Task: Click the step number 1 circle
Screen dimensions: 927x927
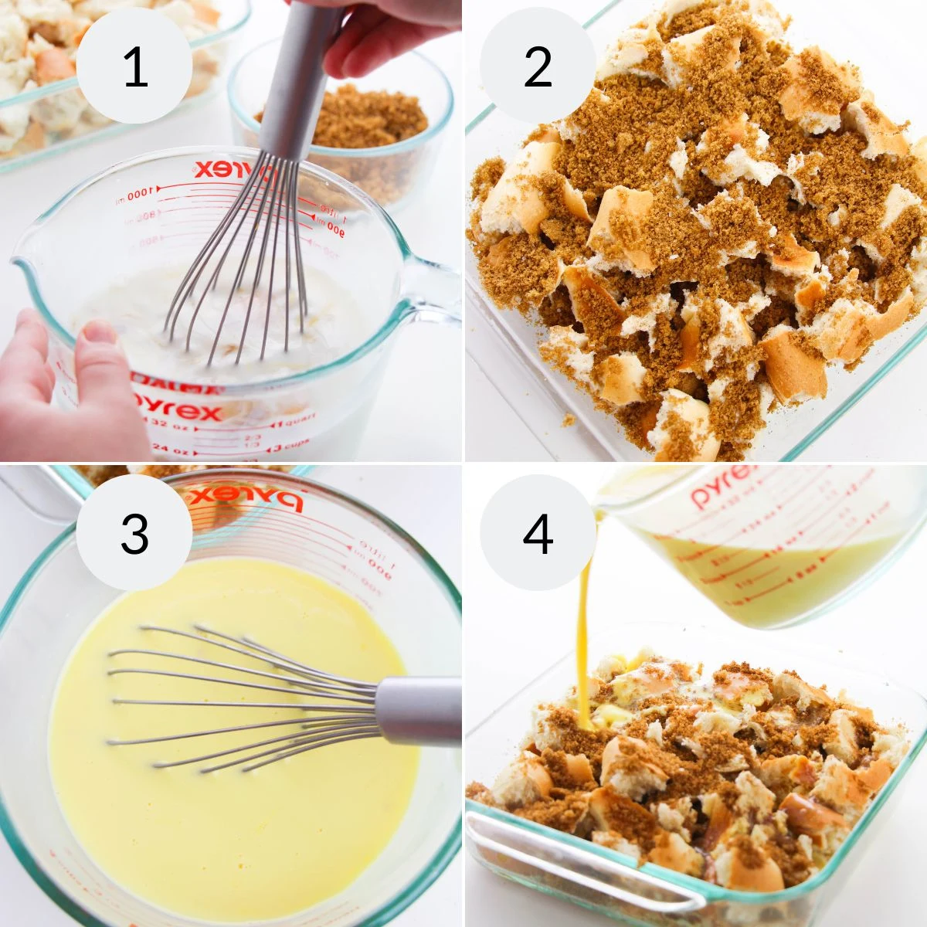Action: [x=134, y=66]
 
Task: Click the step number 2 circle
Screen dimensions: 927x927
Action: [x=538, y=66]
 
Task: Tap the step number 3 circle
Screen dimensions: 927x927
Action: [x=134, y=532]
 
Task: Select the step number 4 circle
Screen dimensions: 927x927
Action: [x=538, y=532]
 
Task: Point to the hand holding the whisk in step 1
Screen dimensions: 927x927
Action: [x=386, y=31]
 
